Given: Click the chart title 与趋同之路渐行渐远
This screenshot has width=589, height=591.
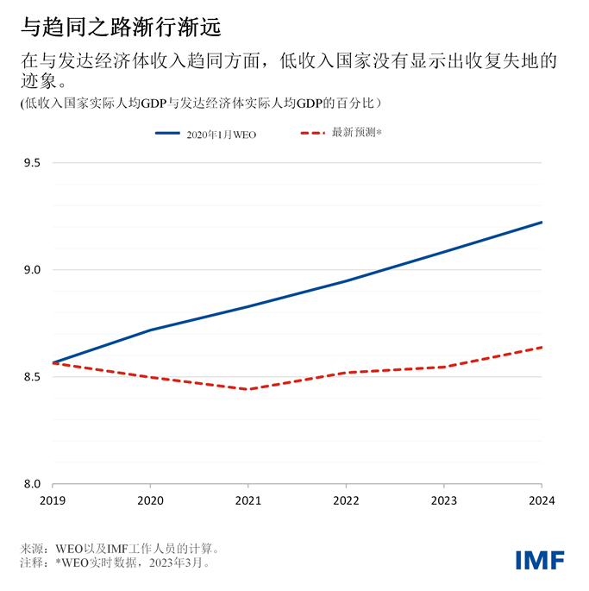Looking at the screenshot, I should point(120,28).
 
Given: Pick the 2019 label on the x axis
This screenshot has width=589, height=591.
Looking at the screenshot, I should point(53,500).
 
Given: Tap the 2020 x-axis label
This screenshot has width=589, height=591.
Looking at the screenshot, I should point(151,500).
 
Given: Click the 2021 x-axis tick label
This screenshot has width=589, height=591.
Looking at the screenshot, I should point(248,500).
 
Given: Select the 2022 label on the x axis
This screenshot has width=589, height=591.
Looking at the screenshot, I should point(346,500).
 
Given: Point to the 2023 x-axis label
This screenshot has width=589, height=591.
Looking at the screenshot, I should point(444,500).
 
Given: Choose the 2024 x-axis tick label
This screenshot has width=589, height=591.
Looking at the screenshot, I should point(541,500).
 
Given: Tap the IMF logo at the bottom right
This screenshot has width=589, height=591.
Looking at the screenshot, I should point(540,559).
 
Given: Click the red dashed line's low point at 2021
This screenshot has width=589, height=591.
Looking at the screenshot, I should point(248,389).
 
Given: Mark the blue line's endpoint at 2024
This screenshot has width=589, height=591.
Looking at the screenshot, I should point(542,222).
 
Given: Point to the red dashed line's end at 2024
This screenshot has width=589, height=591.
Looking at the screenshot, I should point(542,347).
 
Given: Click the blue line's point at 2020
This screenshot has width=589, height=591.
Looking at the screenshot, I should point(151,330).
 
